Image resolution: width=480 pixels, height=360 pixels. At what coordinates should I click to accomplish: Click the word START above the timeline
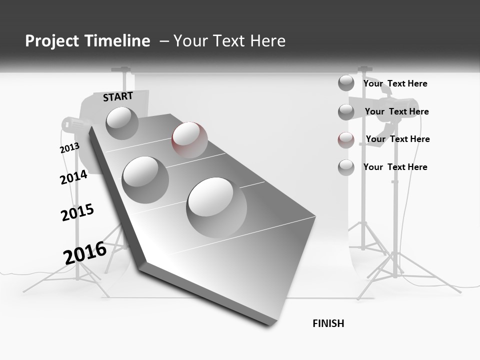(118, 96)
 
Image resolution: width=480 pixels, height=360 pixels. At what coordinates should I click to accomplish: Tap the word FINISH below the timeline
(328, 323)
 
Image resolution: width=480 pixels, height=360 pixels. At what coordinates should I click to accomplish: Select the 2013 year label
(69, 148)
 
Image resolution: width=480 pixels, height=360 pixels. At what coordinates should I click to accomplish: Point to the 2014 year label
(73, 177)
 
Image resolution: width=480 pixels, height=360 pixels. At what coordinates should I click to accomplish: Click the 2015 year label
(77, 212)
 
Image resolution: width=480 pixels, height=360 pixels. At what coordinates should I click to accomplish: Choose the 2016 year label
(85, 252)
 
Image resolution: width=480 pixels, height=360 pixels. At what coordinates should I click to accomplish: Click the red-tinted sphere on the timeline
(189, 139)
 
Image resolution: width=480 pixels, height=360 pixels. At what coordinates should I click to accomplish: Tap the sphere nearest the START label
(122, 123)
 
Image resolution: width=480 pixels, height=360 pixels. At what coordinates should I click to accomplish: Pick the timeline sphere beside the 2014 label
(145, 179)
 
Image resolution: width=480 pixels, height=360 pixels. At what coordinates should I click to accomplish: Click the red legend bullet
(346, 140)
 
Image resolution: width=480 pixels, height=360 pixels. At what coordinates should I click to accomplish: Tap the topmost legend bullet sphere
(346, 83)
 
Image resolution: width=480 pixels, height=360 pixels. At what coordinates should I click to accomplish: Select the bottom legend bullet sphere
(346, 167)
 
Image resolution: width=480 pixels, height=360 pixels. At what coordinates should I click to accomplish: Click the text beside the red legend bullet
(397, 139)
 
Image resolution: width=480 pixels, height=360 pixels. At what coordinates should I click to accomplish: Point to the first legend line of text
(395, 83)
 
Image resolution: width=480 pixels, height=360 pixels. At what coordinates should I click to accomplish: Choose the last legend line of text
(395, 167)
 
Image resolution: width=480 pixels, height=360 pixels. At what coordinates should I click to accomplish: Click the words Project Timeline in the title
(87, 41)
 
